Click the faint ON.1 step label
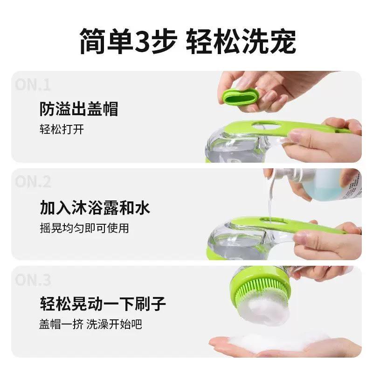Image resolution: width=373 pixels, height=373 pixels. click(32, 85)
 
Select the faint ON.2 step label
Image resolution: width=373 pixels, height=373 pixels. click(33, 182)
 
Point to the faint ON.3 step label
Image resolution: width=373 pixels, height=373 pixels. click(33, 280)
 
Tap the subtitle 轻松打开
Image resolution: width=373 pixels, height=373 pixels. click(62, 129)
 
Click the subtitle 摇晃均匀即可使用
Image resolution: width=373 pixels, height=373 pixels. click(84, 228)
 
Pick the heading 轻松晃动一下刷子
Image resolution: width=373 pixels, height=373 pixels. click(103, 304)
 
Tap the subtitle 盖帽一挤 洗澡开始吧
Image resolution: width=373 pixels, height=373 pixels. click(90, 325)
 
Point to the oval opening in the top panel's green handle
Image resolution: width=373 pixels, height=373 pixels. click(266, 125)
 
